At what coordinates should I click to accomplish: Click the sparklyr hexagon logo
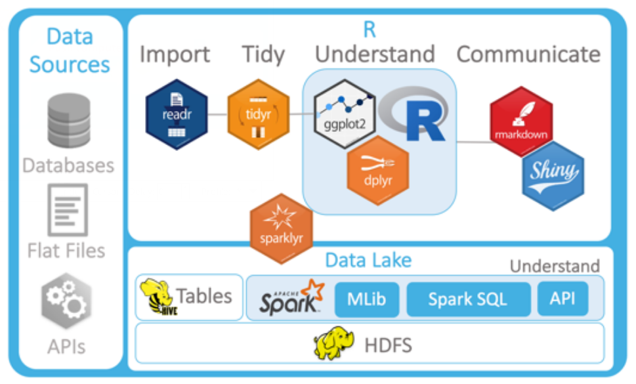point(281,228)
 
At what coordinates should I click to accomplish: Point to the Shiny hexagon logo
point(553,175)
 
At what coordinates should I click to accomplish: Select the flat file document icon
point(68,209)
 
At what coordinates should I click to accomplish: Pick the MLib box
point(367,299)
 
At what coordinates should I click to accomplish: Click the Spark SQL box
point(468,299)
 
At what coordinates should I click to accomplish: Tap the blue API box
point(562,299)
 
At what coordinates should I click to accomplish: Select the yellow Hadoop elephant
point(334,344)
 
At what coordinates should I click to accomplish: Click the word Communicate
point(528,54)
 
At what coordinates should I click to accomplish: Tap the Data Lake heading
point(368,260)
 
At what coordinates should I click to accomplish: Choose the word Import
point(175,54)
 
